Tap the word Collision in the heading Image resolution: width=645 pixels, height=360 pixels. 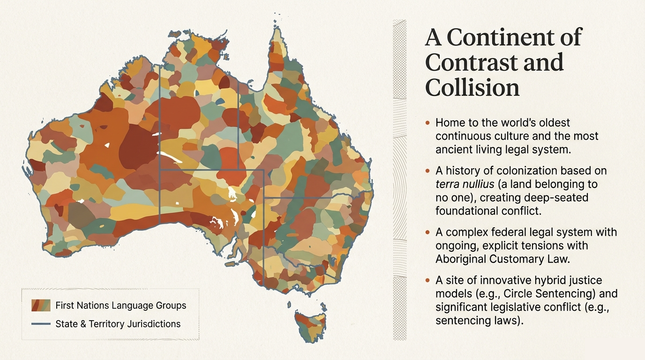[x=472, y=87]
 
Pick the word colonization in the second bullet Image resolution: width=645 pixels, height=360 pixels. [x=527, y=171]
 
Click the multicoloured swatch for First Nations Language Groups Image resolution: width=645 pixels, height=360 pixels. [x=41, y=306]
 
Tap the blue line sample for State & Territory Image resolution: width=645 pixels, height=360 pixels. [x=41, y=324]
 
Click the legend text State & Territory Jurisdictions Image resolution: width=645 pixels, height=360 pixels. [x=118, y=324]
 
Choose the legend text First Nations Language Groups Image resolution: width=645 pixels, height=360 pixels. [x=120, y=306]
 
